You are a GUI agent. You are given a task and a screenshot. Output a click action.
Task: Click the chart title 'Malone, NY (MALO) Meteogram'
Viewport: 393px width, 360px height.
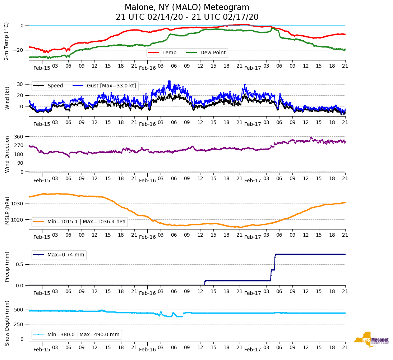pos(187,8)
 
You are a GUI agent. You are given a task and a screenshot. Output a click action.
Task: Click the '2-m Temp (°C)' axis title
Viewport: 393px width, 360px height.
pos(6,41)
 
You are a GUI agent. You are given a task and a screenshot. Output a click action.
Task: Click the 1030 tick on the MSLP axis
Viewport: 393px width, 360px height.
pos(18,204)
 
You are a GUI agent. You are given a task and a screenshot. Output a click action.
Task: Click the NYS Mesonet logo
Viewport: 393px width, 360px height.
pos(371,340)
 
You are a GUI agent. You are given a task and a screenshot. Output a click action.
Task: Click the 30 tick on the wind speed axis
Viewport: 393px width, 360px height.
pos(20,85)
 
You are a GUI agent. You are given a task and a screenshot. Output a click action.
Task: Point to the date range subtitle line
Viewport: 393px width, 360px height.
pos(187,17)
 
